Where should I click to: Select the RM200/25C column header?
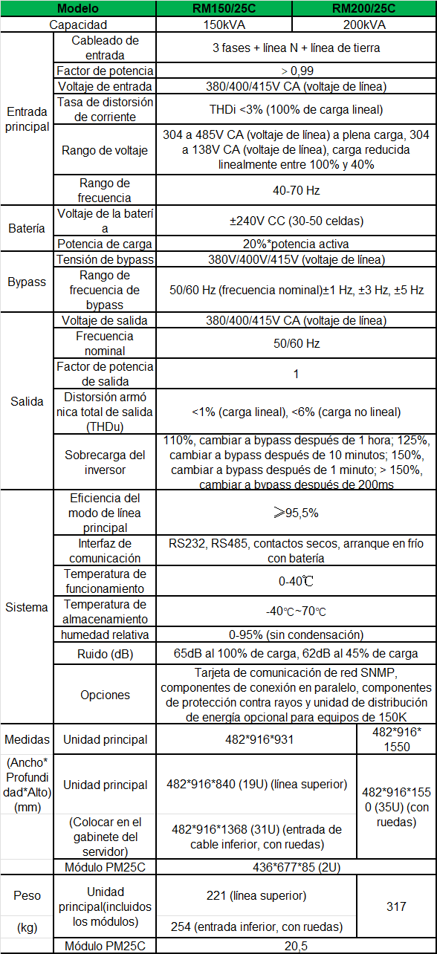[x=363, y=9]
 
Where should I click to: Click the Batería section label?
[x=27, y=228]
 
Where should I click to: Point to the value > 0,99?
[x=296, y=71]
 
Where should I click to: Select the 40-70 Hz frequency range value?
[x=296, y=190]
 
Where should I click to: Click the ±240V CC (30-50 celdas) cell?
[x=296, y=221]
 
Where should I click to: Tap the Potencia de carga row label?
[x=105, y=244]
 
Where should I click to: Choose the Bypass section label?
[x=27, y=282]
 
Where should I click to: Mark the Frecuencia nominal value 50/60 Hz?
[x=296, y=343]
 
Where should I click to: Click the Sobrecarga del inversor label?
[x=105, y=462]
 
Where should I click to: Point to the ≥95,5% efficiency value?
[x=296, y=513]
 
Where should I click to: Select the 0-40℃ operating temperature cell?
[x=296, y=581]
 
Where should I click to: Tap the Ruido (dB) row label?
[x=105, y=654]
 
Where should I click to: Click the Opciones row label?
[x=105, y=695]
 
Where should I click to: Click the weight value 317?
[x=397, y=906]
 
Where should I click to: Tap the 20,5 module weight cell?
[x=296, y=946]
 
